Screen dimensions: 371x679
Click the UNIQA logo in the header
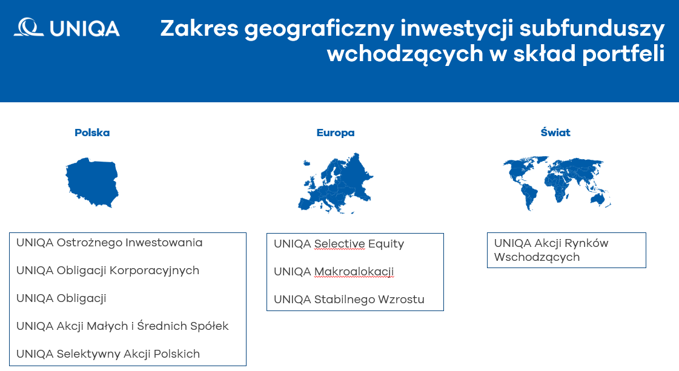[x=67, y=28]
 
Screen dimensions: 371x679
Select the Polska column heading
[x=92, y=133]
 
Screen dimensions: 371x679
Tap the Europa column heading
[x=336, y=133]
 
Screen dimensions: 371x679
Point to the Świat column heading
[x=555, y=133]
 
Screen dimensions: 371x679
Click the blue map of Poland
[x=92, y=182]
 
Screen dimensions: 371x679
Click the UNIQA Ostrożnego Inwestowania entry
[x=110, y=243]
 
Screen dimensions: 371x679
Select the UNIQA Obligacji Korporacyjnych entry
[x=108, y=271]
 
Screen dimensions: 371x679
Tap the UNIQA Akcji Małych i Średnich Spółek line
[x=122, y=326]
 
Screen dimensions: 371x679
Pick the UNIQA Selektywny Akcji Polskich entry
[x=108, y=354]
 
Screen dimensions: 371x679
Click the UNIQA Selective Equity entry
[x=339, y=244]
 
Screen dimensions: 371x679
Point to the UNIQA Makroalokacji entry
[x=334, y=272]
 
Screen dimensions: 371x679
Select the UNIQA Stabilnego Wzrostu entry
[x=349, y=300]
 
